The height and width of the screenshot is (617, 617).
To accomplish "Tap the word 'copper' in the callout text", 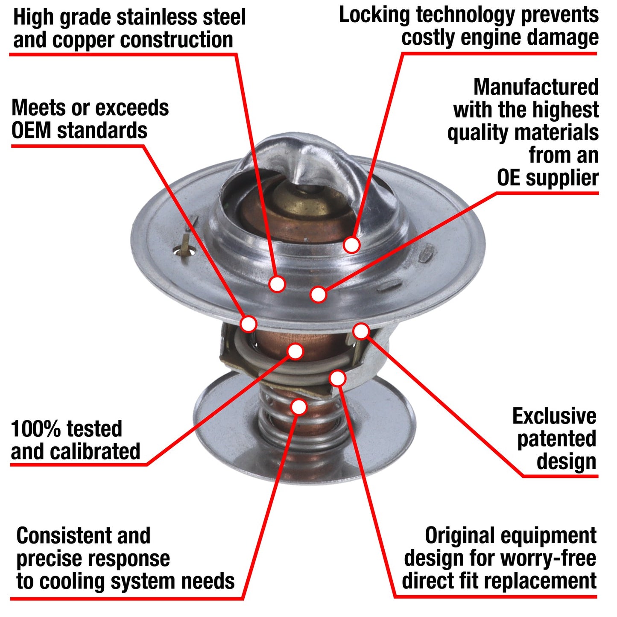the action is click(x=83, y=40).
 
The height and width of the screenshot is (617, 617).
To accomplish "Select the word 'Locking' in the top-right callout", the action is click(x=374, y=15).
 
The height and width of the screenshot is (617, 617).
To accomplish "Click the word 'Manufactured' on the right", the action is click(x=536, y=87).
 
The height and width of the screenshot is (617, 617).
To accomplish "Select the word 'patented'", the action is click(x=556, y=439).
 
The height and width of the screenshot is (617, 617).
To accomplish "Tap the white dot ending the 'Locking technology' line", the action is click(x=351, y=245).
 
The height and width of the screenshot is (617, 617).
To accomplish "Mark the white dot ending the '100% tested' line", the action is click(x=295, y=351).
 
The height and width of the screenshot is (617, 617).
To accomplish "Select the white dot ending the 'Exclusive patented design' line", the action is click(x=361, y=331).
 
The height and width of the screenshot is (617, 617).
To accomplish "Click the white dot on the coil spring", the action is click(x=299, y=407).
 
